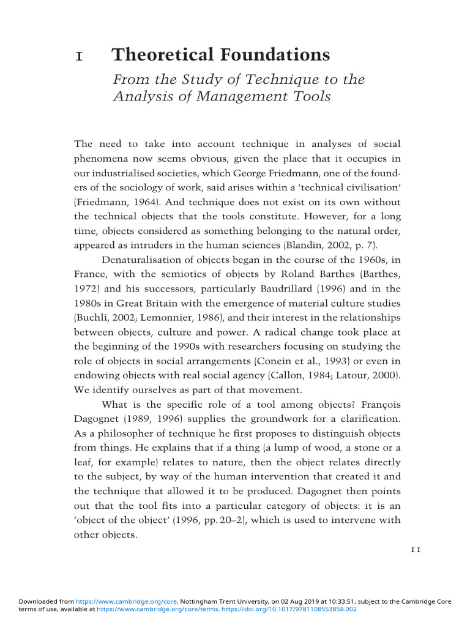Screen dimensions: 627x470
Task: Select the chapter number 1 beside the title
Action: pyautogui.click(x=78, y=56)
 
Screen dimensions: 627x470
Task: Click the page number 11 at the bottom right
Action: pyautogui.click(x=415, y=550)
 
